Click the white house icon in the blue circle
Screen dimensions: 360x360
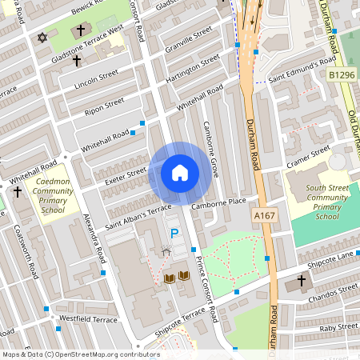(x=180, y=173)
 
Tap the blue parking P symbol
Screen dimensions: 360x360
(x=174, y=233)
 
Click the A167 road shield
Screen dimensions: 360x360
(x=264, y=216)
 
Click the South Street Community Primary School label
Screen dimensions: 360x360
(x=316, y=202)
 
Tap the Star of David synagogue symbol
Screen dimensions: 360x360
(x=42, y=38)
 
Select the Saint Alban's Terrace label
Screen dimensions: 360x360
(x=138, y=214)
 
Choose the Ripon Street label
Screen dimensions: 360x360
(x=105, y=106)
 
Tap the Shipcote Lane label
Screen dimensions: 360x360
(x=331, y=258)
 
